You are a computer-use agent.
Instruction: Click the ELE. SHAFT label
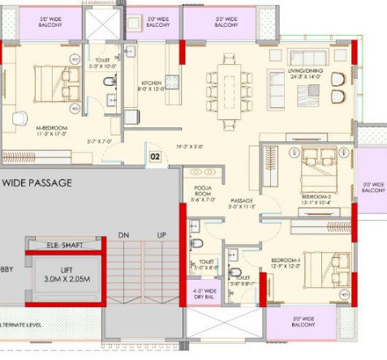pos(64,243)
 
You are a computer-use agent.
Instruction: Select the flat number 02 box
pos(153,154)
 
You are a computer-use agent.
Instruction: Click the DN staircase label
pos(123,235)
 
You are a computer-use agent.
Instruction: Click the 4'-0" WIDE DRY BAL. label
pos(200,293)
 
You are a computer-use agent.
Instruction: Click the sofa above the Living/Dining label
pos(307,58)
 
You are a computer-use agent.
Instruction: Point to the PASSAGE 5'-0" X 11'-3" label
pos(243,204)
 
